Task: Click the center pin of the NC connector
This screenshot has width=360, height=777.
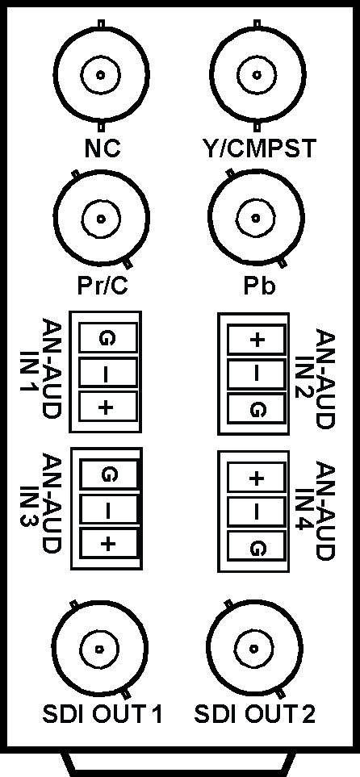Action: (101, 75)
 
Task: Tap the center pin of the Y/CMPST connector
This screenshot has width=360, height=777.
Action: (257, 75)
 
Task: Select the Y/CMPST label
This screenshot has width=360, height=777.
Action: (255, 148)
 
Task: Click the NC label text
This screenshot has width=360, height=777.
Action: (102, 148)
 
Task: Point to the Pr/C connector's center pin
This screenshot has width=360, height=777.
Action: (101, 219)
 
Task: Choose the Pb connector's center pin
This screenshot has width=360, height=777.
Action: (256, 218)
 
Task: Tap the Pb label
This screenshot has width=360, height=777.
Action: (259, 286)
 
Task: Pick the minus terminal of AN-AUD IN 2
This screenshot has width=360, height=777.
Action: (257, 374)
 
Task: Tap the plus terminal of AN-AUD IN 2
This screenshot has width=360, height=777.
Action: (257, 340)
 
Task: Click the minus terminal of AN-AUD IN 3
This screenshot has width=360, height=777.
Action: (108, 510)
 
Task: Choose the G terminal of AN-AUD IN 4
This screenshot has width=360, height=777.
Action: (257, 548)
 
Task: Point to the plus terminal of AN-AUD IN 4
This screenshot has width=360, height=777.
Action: (257, 478)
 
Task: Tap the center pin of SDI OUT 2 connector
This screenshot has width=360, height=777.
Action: (254, 649)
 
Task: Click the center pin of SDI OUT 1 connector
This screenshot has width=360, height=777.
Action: (100, 649)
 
